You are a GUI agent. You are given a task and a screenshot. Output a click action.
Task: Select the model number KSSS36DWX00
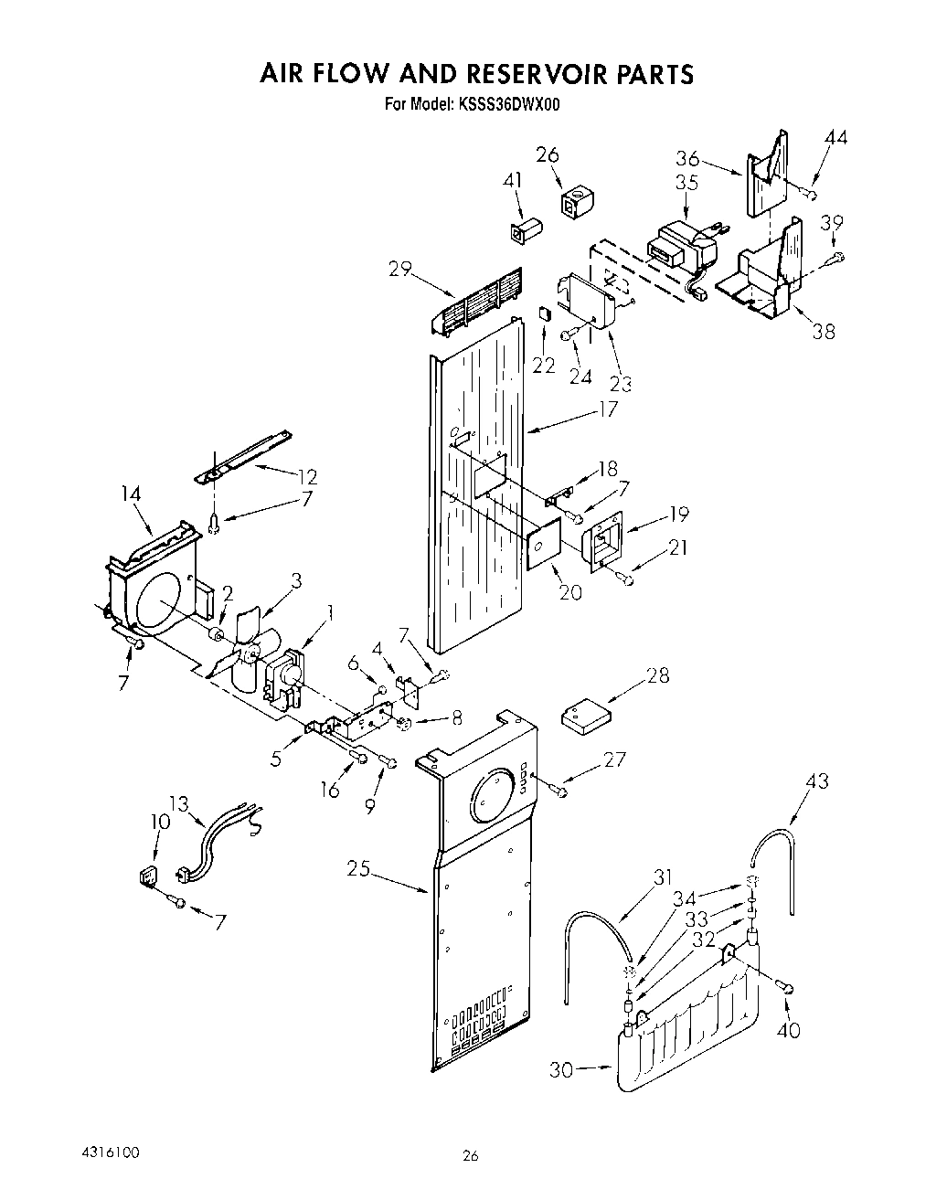coord(503,104)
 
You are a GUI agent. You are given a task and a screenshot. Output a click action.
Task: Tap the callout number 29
coord(399,269)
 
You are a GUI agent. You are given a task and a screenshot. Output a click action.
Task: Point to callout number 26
coord(548,154)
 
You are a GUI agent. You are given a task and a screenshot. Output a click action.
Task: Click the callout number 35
coord(686,182)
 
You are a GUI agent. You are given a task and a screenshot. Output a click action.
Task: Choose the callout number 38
coord(823,331)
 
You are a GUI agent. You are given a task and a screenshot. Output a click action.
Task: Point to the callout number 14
coord(131,494)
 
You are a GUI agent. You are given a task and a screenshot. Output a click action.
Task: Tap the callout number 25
coord(358,868)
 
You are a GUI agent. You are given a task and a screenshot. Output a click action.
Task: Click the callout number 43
coord(816,781)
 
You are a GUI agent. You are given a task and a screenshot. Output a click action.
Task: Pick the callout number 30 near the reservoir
coord(561,1069)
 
